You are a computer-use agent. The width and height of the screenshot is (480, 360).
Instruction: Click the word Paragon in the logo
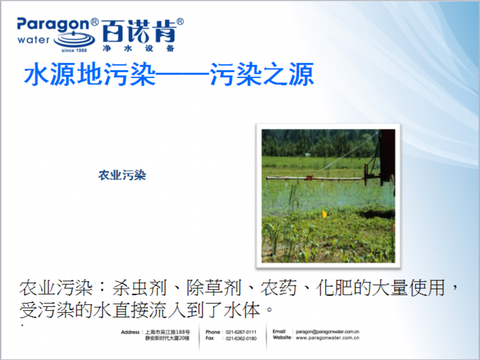point(53,25)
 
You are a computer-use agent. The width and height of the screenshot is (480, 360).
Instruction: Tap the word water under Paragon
point(34,40)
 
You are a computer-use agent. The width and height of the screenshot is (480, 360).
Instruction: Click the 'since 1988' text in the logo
point(74,50)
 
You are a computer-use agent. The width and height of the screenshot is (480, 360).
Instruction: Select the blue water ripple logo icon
point(74,38)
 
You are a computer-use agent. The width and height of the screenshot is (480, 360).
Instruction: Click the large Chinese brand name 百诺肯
point(139,31)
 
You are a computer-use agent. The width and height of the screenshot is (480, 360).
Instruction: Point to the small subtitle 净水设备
point(139,49)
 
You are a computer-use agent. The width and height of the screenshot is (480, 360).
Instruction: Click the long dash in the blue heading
point(182,74)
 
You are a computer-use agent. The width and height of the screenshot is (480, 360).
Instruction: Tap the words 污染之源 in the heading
point(262,74)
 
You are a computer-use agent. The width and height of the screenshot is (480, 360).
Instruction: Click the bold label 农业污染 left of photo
point(122,175)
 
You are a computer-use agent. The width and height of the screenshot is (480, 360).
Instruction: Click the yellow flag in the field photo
point(324,214)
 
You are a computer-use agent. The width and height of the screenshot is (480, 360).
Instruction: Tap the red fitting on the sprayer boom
point(309,178)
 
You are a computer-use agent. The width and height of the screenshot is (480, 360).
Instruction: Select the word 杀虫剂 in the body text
point(139,288)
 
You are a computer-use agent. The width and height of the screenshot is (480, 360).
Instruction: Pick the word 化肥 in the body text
point(334,288)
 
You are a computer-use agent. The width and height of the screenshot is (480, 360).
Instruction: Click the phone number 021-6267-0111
point(241,332)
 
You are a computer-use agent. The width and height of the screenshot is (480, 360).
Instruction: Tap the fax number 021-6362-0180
point(241,338)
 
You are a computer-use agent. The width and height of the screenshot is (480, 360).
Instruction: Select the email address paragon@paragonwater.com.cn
point(327,332)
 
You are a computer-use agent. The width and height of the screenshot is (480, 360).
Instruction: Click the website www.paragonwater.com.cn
point(327,338)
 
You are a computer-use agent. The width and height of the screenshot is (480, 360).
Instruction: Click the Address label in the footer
point(130,332)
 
